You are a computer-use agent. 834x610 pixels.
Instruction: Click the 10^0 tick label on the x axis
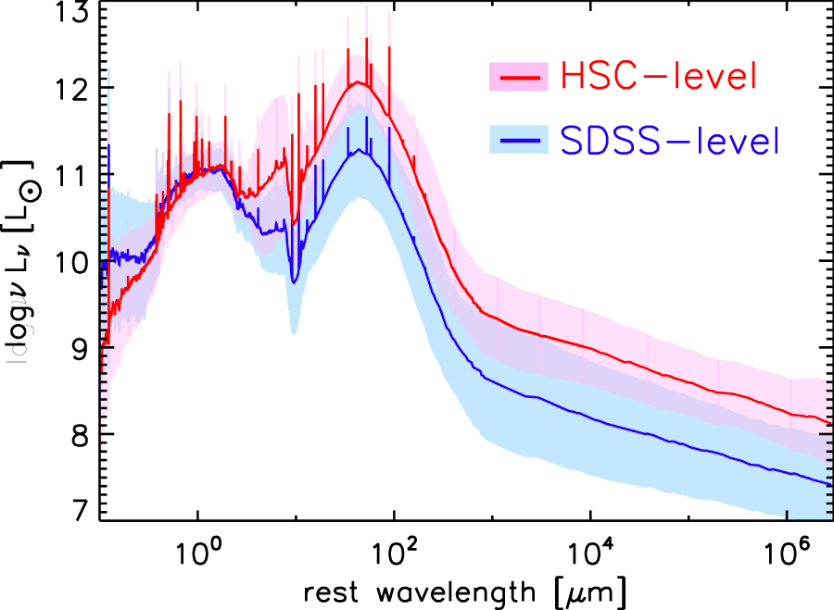[196, 550]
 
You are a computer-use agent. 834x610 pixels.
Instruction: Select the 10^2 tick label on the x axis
[393, 550]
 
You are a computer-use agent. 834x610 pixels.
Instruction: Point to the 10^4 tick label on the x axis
[589, 550]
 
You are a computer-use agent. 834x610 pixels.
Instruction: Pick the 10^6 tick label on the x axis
[786, 550]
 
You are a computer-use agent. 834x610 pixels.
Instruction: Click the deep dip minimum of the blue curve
[295, 281]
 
